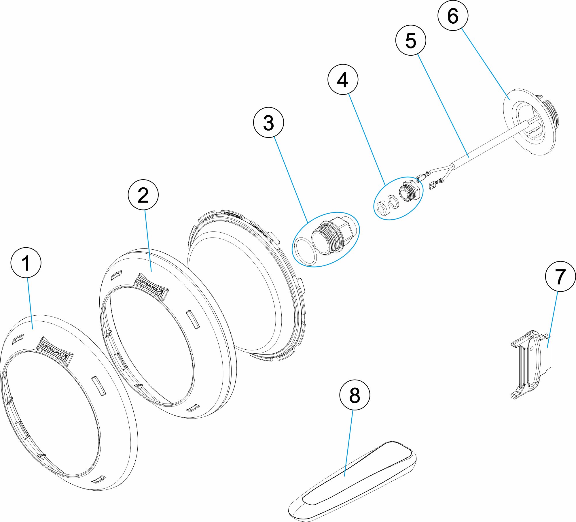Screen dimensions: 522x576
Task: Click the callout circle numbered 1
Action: tap(26, 263)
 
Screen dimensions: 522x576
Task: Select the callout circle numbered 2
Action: tap(143, 195)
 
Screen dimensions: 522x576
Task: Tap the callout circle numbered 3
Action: tap(268, 123)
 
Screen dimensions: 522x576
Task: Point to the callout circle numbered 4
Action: tap(343, 79)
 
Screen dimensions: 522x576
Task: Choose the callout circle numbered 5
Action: tap(411, 40)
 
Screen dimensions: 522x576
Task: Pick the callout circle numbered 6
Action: tap(453, 16)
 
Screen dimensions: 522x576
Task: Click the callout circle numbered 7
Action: tap(560, 276)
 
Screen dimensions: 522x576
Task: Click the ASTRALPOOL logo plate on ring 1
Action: tap(55, 351)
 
